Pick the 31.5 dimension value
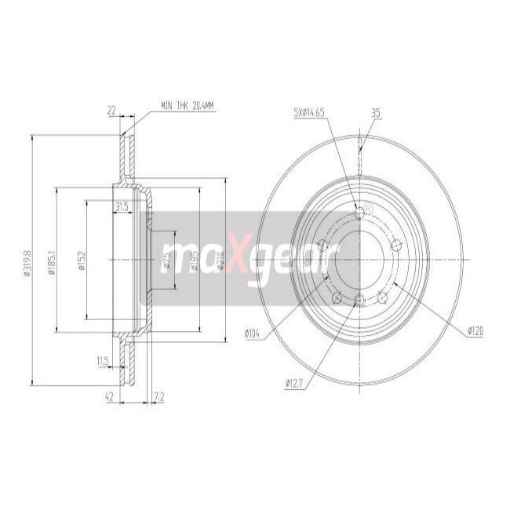[x=121, y=206]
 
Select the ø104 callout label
[x=252, y=335]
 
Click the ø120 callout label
[x=474, y=331]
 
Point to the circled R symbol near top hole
[x=369, y=207]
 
